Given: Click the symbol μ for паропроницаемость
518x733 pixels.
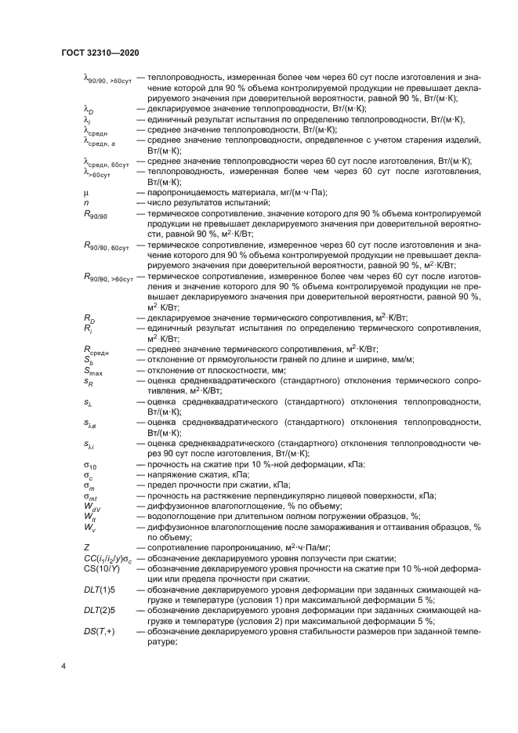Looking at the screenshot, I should [86, 193].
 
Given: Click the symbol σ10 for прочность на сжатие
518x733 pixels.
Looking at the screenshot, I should [90, 466].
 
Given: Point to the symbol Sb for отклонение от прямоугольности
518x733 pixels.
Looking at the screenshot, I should [89, 361].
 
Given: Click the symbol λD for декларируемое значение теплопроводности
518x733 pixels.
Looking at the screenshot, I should [88, 110].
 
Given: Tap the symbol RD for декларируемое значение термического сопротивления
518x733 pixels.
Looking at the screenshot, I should [89, 318].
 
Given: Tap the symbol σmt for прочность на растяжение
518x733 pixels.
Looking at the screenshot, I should [91, 496].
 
